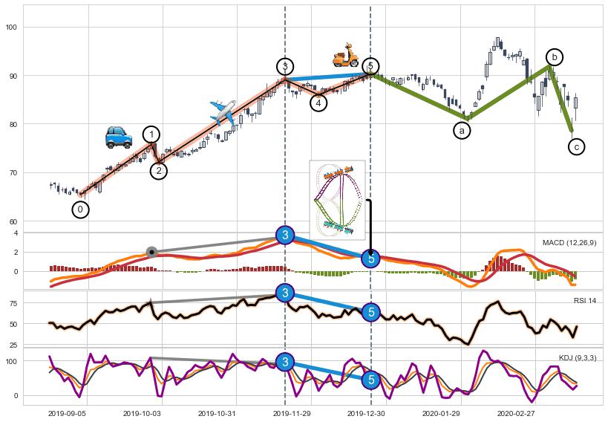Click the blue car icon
118,137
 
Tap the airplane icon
222,111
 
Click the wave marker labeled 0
81,210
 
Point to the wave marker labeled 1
151,134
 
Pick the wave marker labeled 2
159,171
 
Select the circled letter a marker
462,130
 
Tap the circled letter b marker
554,56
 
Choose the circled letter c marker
577,146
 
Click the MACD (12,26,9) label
569,243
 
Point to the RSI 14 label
584,300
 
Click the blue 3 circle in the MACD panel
285,236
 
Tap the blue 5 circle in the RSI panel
372,313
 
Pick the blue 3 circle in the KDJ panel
285,362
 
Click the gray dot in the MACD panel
151,253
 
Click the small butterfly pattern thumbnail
337,195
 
